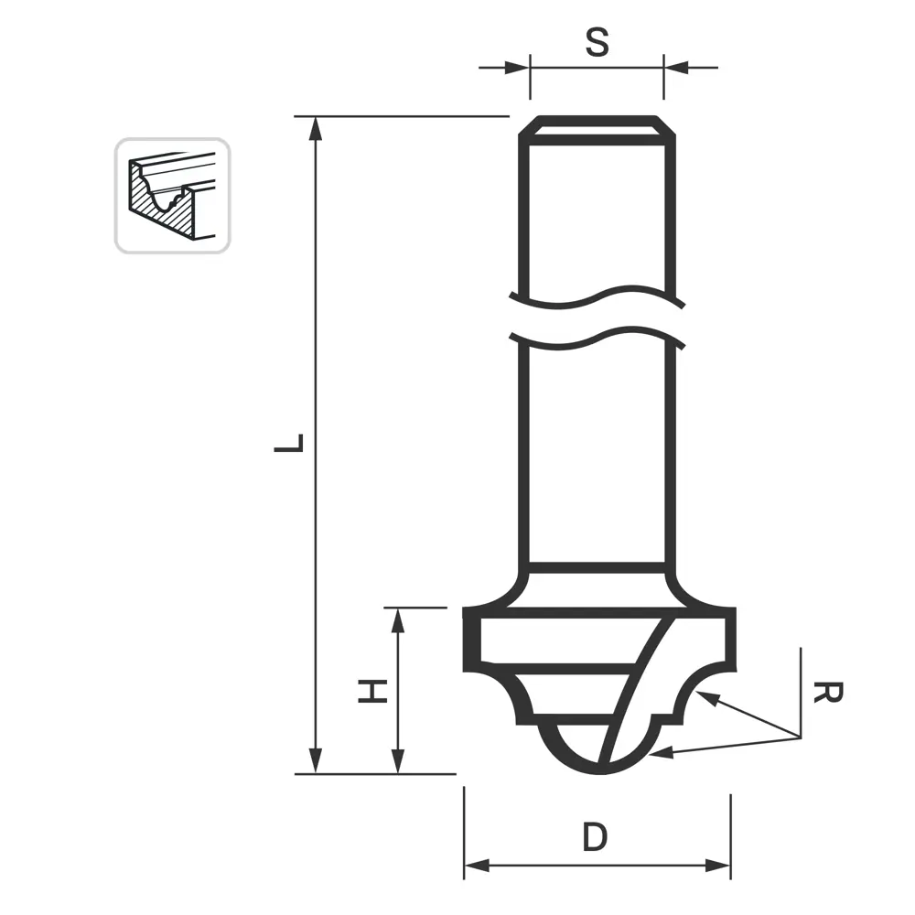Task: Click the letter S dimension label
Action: pyautogui.click(x=597, y=42)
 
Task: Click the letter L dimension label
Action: pyautogui.click(x=289, y=443)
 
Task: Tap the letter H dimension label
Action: pyautogui.click(x=372, y=691)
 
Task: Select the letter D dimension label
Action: pyautogui.click(x=596, y=837)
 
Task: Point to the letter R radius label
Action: pyautogui.click(x=828, y=693)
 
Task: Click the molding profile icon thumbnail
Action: pyautogui.click(x=172, y=196)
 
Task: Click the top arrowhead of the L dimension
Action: pyautogui.click(x=315, y=129)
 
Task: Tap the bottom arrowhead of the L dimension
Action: pyautogui.click(x=315, y=761)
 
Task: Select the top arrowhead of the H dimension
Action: pyautogui.click(x=398, y=620)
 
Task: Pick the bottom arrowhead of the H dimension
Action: pyautogui.click(x=398, y=761)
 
